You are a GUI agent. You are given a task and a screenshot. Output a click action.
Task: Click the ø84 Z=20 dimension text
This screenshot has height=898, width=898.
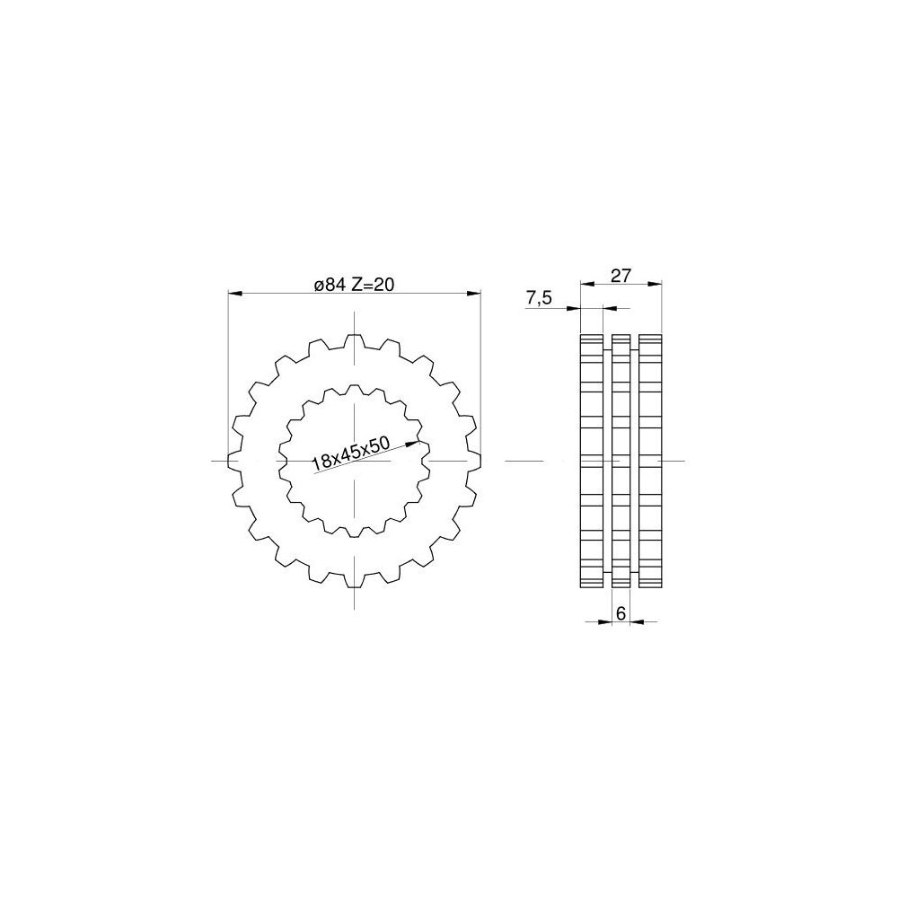(x=355, y=284)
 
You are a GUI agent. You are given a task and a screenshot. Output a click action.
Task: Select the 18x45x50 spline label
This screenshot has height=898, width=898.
(x=351, y=454)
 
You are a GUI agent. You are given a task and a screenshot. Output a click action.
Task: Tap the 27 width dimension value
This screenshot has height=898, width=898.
(x=621, y=276)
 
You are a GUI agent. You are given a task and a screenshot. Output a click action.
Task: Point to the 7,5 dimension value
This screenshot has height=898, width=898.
(x=538, y=298)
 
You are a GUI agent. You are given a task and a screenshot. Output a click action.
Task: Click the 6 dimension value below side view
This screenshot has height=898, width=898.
(x=621, y=613)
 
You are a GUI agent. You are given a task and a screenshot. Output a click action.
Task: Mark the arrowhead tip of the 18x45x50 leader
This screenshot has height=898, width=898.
(x=419, y=441)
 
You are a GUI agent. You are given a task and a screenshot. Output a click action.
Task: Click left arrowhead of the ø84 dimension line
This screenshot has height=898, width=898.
(x=228, y=294)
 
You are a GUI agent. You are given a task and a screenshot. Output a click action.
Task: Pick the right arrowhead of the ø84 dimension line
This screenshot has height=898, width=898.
(x=480, y=294)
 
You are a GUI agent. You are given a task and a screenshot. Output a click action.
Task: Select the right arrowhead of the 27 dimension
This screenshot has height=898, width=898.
(x=662, y=283)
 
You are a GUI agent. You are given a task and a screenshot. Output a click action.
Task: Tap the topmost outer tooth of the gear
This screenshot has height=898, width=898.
(x=355, y=340)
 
